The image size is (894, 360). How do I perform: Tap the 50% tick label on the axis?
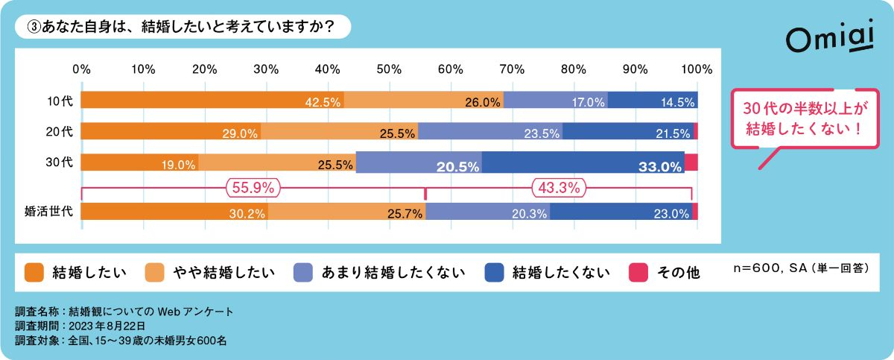point(389,69)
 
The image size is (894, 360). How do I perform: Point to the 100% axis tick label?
point(697,69)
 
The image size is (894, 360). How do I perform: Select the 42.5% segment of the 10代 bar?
point(212,100)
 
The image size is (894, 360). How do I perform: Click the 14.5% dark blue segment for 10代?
point(653,100)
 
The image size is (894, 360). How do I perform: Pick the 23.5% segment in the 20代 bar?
point(490,131)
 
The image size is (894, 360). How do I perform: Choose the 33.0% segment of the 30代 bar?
point(583,162)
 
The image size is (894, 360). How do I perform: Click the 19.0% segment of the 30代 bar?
point(140,162)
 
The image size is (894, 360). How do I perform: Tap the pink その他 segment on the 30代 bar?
point(691,162)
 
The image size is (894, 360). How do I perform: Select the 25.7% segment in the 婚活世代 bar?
point(346,211)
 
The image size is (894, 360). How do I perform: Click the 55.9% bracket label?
point(253,188)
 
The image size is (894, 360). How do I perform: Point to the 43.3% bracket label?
point(559,188)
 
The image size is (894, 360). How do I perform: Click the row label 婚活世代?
point(48,211)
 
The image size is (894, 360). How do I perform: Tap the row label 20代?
point(59,131)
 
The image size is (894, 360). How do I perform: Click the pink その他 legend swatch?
point(638,273)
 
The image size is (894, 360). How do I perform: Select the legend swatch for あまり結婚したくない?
point(303,273)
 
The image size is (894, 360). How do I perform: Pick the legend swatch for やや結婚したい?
point(154,273)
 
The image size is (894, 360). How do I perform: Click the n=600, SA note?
point(802,268)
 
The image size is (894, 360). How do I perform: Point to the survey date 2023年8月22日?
point(107,326)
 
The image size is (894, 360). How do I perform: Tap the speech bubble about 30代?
point(805,119)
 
